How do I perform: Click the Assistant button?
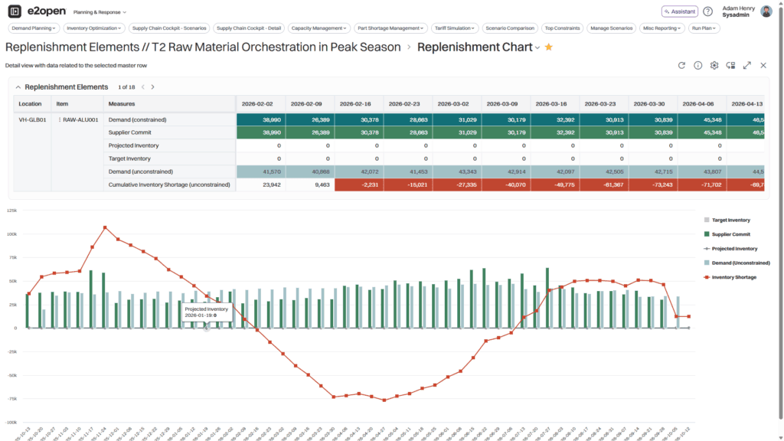tap(679, 11)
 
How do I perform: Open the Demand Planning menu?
tap(34, 28)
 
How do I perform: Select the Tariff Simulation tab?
tap(456, 28)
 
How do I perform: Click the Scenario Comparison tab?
tap(510, 28)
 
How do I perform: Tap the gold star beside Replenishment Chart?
tap(549, 47)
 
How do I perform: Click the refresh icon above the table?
tap(681, 66)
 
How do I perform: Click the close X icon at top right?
tap(763, 66)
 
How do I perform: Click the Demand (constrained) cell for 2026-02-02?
tap(260, 120)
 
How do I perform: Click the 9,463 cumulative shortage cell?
tap(309, 185)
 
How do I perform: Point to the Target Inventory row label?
tap(129, 158)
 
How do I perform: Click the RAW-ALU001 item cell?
tap(80, 120)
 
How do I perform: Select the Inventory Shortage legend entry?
tap(733, 277)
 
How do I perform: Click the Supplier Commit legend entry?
tap(730, 234)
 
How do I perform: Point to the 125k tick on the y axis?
tap(11, 210)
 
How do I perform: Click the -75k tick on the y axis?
tap(11, 399)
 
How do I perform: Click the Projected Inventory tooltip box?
tap(207, 312)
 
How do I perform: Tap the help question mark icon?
tap(707, 11)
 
